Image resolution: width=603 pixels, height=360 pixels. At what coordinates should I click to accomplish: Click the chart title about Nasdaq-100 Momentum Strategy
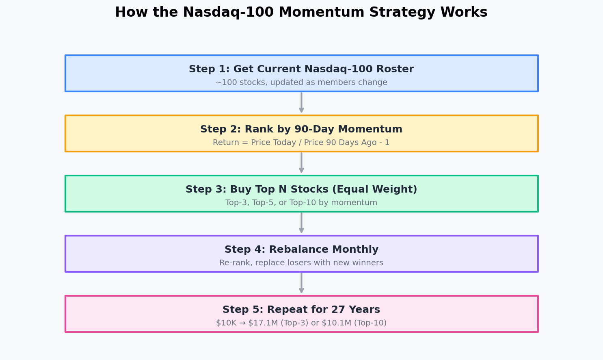coord(301,13)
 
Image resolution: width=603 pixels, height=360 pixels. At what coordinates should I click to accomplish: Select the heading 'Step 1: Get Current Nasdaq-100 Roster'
coord(301,69)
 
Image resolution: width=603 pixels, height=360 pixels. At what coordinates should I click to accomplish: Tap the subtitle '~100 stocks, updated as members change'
coord(301,82)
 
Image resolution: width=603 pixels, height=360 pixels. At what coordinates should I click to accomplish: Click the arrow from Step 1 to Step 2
coord(301,102)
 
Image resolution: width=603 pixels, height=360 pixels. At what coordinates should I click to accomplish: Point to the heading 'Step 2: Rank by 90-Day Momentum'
coord(301,130)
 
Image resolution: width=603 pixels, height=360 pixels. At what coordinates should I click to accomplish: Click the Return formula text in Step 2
coord(301,143)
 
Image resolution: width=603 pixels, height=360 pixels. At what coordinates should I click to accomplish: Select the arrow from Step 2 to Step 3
coord(301,163)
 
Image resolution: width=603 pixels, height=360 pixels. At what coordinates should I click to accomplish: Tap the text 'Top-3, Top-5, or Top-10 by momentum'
coord(301,203)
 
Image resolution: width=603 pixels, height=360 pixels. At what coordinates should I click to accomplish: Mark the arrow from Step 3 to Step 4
coord(301,223)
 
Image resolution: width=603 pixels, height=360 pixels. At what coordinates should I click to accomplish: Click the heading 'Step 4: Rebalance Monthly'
coord(301,250)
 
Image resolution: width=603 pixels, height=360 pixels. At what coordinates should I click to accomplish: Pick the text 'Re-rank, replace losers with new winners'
coord(301,263)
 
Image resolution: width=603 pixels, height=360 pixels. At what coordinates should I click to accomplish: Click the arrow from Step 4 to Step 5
coord(301,283)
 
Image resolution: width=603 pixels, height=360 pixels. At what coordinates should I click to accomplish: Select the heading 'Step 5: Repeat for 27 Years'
coord(301,310)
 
